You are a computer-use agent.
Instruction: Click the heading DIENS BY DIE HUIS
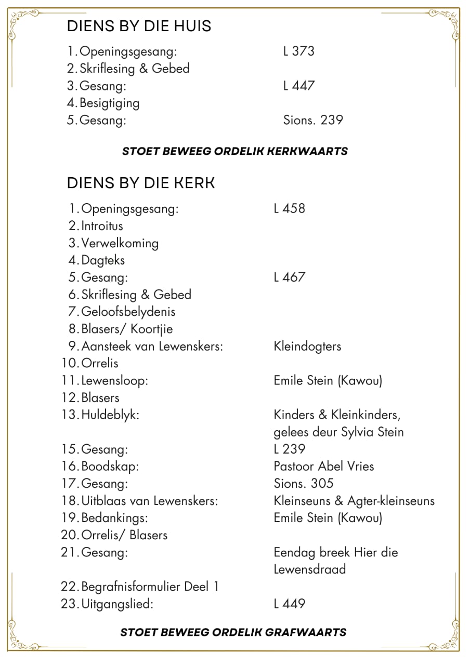pos(139,25)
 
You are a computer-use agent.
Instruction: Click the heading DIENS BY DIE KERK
pos(141,183)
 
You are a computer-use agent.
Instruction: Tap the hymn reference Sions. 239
pos(313,120)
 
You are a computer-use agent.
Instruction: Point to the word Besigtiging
pos(110,103)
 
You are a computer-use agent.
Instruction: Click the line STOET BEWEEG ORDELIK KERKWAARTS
pos(235,151)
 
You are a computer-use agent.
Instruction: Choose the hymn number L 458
pos(289,208)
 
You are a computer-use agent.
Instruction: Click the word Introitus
pos(102,225)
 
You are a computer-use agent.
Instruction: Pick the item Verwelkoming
pos(120,243)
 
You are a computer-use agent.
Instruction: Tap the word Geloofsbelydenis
pos(128,312)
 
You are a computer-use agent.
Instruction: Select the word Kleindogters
pos(307,346)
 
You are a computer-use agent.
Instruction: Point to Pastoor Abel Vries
pos(323,466)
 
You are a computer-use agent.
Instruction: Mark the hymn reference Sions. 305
pos(303,483)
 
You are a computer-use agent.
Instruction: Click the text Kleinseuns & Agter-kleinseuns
pos(354,501)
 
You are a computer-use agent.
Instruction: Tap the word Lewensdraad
pos(309,569)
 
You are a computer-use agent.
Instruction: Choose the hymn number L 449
pos(289,604)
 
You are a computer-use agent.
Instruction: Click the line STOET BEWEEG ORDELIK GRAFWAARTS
pos(233,632)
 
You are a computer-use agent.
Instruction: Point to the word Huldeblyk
pos(110,415)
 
